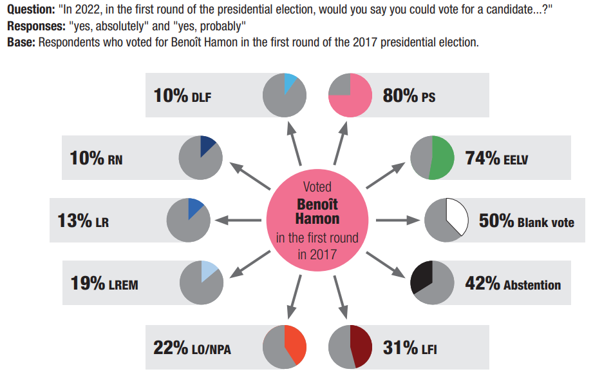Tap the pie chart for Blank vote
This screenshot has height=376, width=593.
point(446,221)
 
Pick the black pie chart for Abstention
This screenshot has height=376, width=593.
point(433,284)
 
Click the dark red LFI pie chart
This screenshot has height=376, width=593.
point(350,347)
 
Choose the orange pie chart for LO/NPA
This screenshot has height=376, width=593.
point(285,347)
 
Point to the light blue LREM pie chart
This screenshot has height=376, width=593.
point(202,283)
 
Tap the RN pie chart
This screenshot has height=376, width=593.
point(201,157)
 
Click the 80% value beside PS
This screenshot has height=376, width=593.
point(400,96)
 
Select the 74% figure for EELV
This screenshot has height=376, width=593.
point(483,158)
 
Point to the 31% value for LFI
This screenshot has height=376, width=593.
point(400,348)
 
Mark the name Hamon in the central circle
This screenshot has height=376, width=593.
point(317,219)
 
